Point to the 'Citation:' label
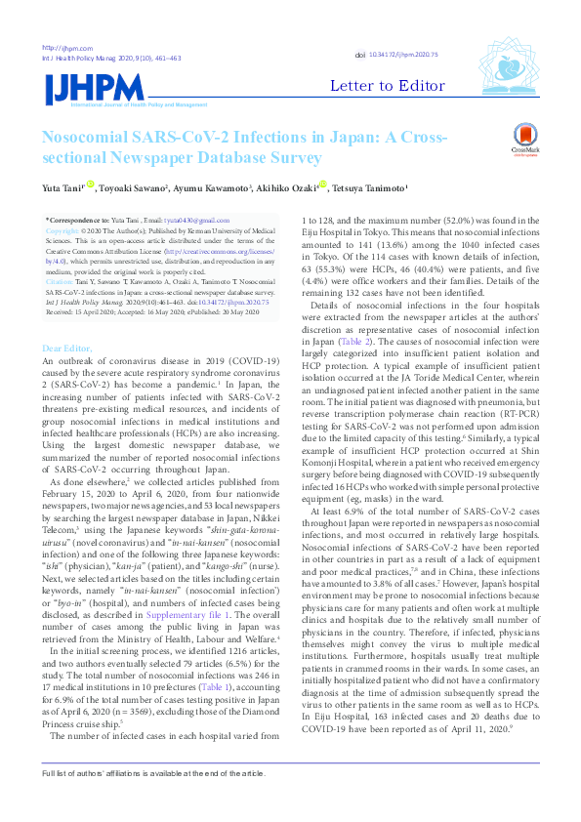click(x=61, y=280)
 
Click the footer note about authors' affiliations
click(x=152, y=800)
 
